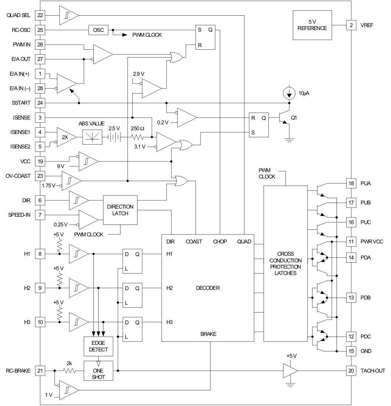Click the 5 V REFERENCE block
point(312,25)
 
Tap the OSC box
point(98,30)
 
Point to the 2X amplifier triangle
point(66,137)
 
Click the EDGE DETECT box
point(99,346)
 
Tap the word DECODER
point(208,288)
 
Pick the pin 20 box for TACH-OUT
point(351,370)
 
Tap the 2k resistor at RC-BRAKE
point(70,370)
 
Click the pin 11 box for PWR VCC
point(351,242)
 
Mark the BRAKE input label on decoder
point(208,334)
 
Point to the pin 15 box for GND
point(351,351)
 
